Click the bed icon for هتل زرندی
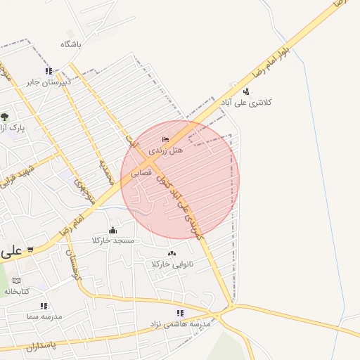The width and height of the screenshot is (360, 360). pyautogui.click(x=165, y=139)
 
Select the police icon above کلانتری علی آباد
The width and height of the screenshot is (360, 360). pyautogui.click(x=245, y=91)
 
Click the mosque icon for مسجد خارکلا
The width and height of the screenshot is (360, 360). pyautogui.click(x=112, y=231)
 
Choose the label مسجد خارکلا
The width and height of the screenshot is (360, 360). pyautogui.click(x=113, y=241)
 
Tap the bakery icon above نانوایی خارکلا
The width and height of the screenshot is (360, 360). pyautogui.click(x=172, y=253)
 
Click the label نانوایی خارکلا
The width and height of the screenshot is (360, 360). pyautogui.click(x=172, y=264)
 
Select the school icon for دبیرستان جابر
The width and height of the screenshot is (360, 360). pyautogui.click(x=49, y=71)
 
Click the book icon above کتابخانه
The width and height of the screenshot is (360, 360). pyautogui.click(x=16, y=280)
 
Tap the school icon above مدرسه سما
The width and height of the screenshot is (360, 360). pyautogui.click(x=44, y=306)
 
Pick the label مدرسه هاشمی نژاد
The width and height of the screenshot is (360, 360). pyautogui.click(x=179, y=324)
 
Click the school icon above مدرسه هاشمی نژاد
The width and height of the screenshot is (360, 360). pyautogui.click(x=180, y=313)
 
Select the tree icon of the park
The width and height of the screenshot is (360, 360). pyautogui.click(x=5, y=117)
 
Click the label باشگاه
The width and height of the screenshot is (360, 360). pyautogui.click(x=71, y=44)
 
